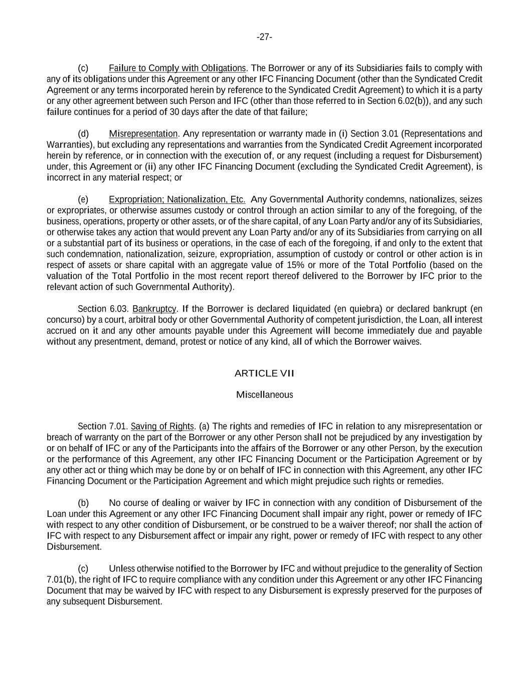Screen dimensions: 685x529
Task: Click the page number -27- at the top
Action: (x=264, y=37)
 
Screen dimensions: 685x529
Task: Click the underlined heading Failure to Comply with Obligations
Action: (x=177, y=68)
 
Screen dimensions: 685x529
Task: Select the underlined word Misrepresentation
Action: (x=143, y=134)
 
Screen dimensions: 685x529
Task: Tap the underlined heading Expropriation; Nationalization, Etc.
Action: (x=177, y=199)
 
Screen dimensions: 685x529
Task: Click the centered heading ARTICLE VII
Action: (x=264, y=373)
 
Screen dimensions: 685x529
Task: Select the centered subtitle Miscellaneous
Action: (x=264, y=395)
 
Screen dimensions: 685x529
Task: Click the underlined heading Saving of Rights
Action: (x=162, y=427)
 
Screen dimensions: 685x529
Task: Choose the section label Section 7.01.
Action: (x=102, y=427)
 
